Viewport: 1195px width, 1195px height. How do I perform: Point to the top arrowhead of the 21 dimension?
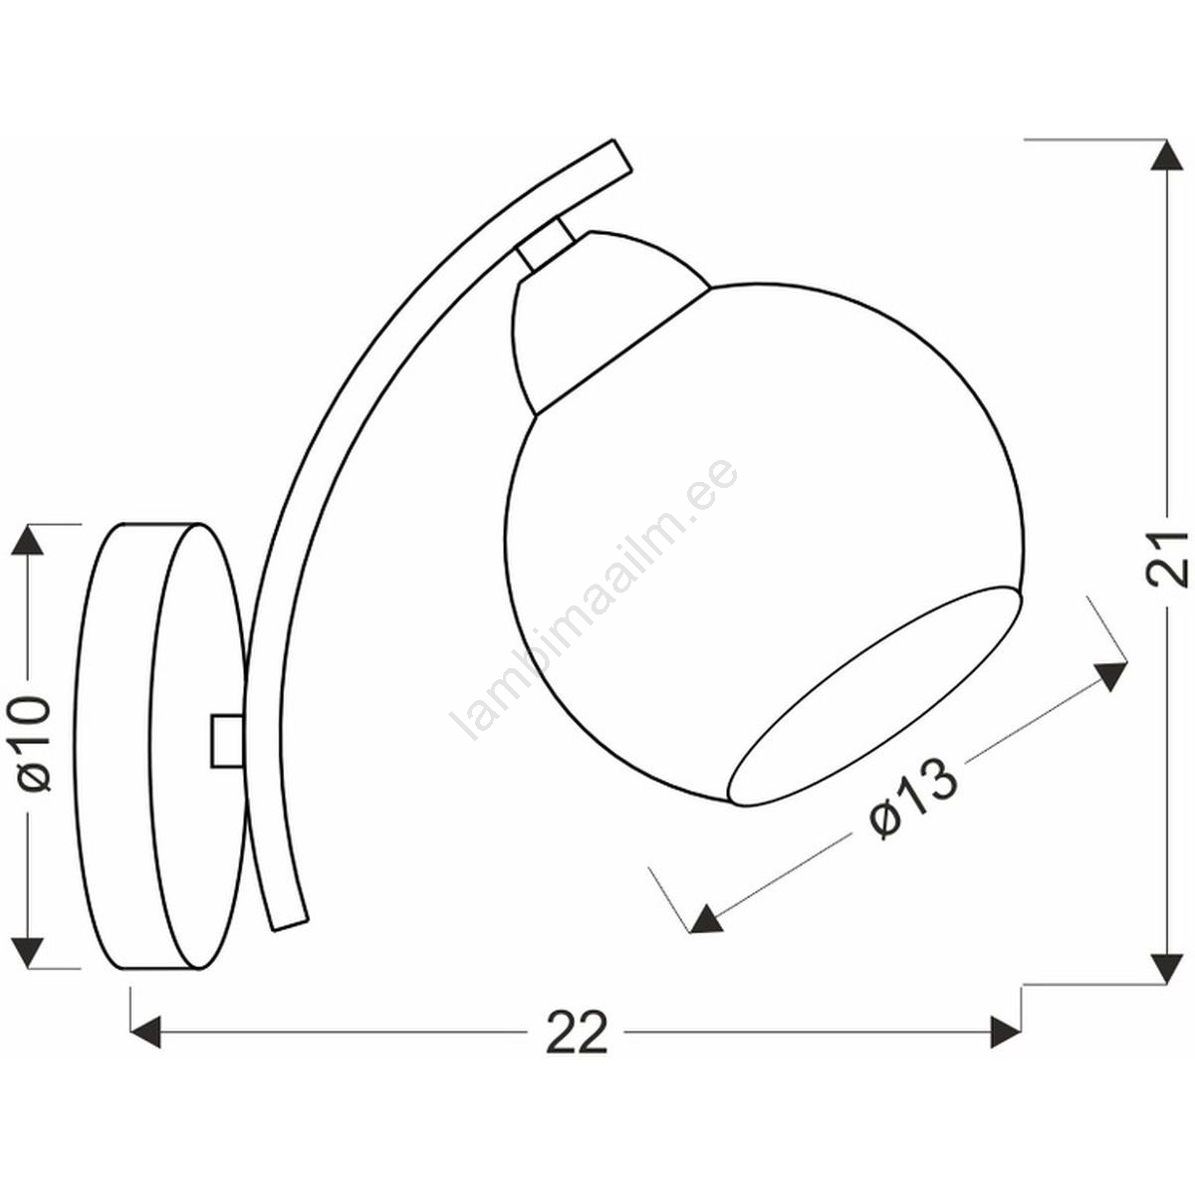tap(1168, 155)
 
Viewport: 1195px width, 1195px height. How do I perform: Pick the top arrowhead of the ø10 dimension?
tap(27, 540)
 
